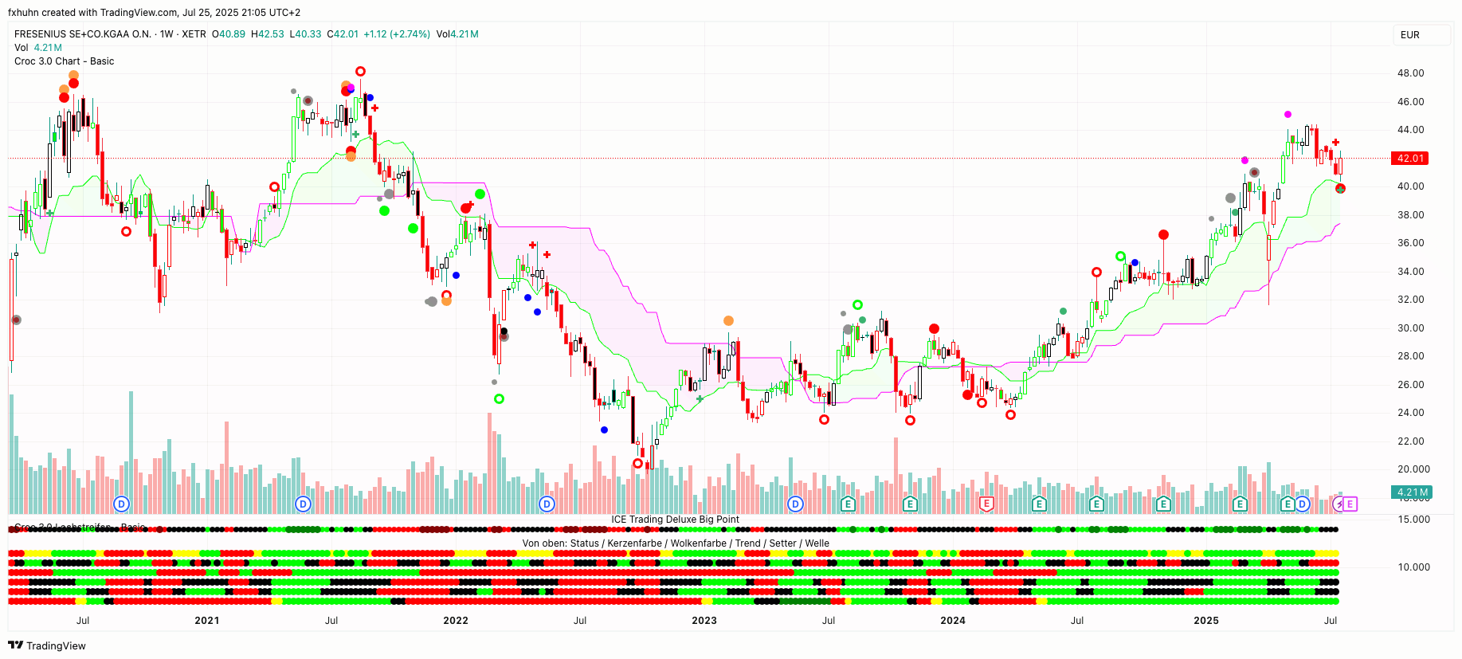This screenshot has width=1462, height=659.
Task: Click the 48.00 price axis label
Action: (x=1410, y=73)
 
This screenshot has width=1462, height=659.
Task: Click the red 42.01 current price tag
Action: (x=1409, y=159)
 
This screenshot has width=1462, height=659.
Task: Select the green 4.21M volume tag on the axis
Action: (x=1412, y=492)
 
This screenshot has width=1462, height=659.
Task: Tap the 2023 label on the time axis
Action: (x=704, y=621)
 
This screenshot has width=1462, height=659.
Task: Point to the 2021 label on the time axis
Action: (x=206, y=621)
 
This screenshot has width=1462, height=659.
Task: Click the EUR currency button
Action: (x=1409, y=35)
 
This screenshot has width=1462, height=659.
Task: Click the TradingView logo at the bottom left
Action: (x=47, y=645)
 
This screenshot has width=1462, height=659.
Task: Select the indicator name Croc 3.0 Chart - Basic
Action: (x=64, y=61)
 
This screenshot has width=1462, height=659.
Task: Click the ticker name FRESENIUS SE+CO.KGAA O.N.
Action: (x=83, y=34)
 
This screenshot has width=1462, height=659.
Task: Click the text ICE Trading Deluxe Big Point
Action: (x=675, y=520)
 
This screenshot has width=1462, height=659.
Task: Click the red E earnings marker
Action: (x=986, y=504)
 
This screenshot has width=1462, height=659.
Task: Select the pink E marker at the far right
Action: (x=1350, y=504)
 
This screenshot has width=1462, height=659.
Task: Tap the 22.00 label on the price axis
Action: (x=1410, y=441)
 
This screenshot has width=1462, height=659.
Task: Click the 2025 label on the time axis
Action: (x=1205, y=621)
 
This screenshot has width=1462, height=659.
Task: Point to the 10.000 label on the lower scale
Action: (x=1413, y=567)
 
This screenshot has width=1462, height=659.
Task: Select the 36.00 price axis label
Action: (x=1410, y=243)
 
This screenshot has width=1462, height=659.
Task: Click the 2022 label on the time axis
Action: (x=455, y=621)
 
